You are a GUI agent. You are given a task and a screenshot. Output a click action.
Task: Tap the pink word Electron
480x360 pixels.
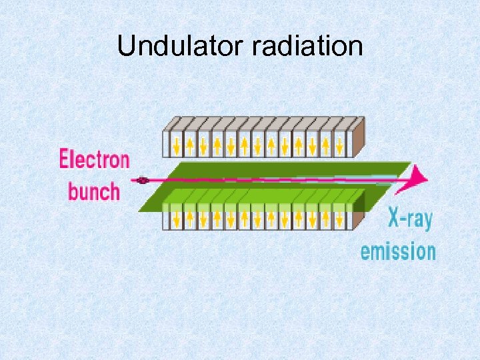point(94,160)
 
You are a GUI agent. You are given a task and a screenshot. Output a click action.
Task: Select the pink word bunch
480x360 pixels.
point(94,191)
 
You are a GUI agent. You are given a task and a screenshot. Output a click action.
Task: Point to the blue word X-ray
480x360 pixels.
point(409,219)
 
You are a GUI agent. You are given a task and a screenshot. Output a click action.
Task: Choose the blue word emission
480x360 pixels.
point(398,251)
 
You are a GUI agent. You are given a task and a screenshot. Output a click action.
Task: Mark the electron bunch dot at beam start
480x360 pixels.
point(141,179)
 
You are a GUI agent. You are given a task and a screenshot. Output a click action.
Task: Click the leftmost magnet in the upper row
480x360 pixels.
point(176,143)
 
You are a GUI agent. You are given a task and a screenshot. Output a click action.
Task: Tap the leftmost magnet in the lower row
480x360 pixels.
point(176,217)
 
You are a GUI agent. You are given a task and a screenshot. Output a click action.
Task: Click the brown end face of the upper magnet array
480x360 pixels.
point(358,137)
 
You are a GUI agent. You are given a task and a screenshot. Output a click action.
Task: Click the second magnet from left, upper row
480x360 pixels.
point(190,143)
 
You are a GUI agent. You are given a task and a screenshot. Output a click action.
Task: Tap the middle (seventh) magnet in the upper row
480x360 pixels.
point(258,143)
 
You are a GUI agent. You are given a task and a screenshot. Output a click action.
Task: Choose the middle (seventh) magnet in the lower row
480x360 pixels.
point(258,217)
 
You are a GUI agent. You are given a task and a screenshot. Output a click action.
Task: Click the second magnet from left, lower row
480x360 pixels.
point(190,217)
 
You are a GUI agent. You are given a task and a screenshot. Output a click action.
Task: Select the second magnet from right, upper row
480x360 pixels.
point(326,143)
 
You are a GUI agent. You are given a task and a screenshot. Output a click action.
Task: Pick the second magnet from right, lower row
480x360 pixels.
point(326,217)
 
